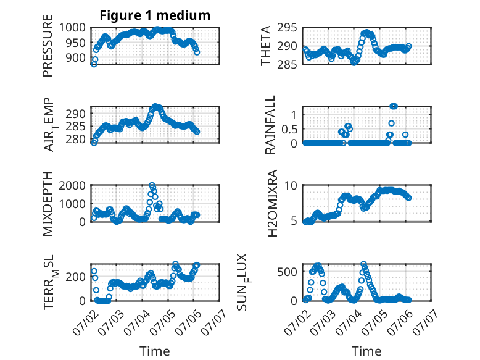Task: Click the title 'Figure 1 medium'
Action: coord(155,15)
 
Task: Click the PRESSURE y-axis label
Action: coord(48,50)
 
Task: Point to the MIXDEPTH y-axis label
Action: coord(48,204)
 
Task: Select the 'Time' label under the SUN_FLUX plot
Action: coord(366,351)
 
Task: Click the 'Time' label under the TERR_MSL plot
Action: coord(155,351)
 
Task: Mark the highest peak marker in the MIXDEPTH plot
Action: coord(152,185)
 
